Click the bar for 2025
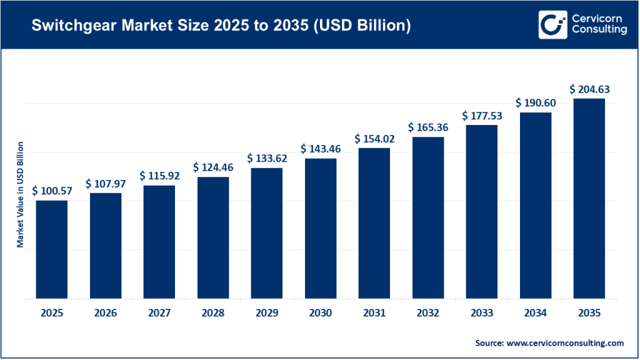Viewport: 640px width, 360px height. (52, 250)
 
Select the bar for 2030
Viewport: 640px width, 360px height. (321, 229)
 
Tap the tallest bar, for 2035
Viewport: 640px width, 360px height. (589, 199)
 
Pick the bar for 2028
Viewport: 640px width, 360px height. (213, 238)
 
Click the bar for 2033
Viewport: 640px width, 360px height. (481, 212)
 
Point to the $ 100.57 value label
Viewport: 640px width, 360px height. (52, 190)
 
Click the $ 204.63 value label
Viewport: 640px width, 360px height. (589, 89)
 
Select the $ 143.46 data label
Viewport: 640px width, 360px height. (321, 149)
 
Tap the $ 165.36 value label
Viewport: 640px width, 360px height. (428, 127)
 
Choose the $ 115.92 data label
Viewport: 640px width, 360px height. (159, 176)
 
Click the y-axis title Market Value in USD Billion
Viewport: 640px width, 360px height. (20, 194)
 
